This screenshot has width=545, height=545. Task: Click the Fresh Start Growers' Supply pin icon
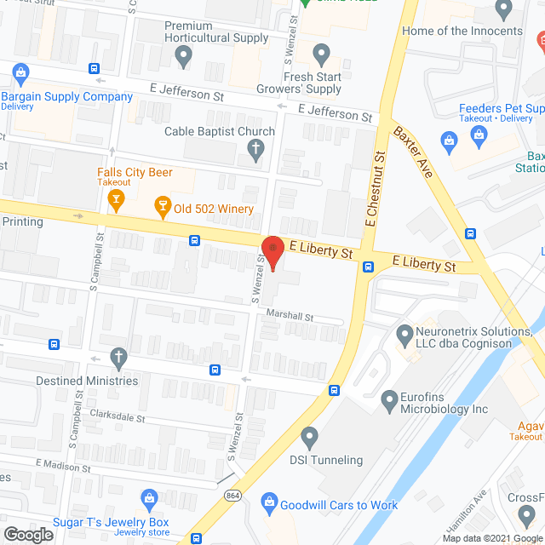coord(321,57)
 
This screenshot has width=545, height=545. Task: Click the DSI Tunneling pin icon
coord(309,438)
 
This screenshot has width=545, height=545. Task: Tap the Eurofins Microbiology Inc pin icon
coord(389,399)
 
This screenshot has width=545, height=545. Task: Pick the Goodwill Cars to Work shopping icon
coord(270,504)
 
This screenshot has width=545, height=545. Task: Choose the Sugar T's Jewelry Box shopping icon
coord(150,498)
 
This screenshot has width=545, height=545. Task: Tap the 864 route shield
coord(232,496)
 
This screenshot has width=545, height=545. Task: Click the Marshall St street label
coord(290,315)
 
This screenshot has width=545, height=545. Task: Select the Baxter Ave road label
coord(413,152)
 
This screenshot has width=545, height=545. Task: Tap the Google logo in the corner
coord(27,534)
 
